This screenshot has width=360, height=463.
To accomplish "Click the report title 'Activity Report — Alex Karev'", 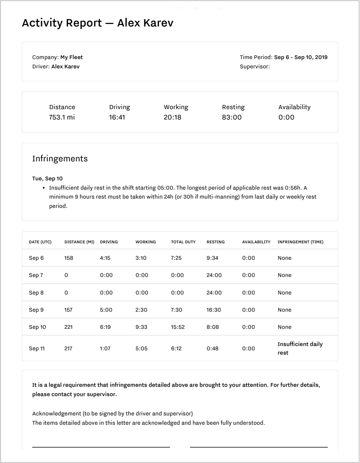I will click(x=97, y=23).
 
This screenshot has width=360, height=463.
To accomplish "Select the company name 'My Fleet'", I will click(x=72, y=57).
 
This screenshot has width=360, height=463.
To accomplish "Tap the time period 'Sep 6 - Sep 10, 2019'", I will click(x=301, y=57).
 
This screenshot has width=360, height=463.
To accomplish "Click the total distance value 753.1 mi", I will click(x=62, y=117).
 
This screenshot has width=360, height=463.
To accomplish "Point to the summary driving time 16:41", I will click(x=117, y=117).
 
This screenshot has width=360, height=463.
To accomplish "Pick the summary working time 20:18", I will click(x=172, y=117).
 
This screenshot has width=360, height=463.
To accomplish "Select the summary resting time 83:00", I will click(x=232, y=117).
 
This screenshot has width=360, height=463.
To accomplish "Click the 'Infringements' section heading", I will click(x=60, y=159).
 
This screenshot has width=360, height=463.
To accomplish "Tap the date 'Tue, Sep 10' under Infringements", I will click(x=47, y=179).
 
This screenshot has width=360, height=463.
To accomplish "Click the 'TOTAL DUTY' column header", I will click(x=183, y=242).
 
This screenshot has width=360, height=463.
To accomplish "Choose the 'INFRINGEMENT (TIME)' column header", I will click(x=300, y=242).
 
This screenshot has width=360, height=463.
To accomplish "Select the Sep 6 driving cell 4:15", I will click(x=105, y=258).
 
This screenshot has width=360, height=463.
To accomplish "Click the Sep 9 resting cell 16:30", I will click(x=214, y=310).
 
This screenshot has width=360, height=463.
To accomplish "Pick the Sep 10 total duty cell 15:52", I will click(x=178, y=327).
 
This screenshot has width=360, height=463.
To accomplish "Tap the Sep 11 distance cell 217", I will click(x=68, y=349).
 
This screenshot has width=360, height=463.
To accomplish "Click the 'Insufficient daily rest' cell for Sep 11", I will click(x=300, y=348).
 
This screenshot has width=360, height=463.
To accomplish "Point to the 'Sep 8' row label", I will click(x=36, y=293).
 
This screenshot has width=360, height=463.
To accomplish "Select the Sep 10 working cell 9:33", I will click(x=141, y=327).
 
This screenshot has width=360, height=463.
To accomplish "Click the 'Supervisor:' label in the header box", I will click(x=255, y=67).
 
